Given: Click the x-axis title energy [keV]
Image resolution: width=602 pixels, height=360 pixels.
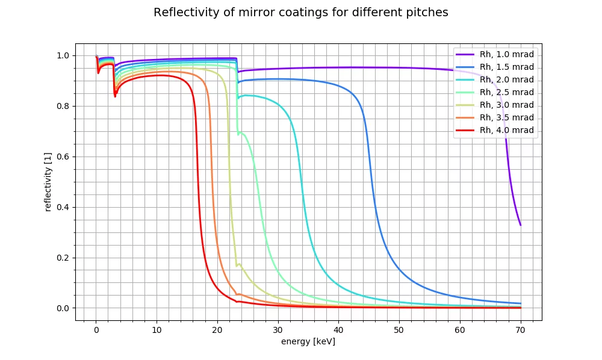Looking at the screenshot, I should (x=308, y=341).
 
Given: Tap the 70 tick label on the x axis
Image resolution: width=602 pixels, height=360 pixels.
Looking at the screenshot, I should (x=520, y=331).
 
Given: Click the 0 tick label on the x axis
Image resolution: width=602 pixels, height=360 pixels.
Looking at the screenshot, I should (x=96, y=331).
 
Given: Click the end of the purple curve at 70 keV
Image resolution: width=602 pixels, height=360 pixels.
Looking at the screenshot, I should (x=520, y=225).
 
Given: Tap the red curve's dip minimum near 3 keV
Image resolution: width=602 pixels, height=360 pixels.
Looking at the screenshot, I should (x=115, y=96).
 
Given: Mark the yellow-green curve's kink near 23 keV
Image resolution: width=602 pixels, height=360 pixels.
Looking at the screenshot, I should (x=237, y=265).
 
